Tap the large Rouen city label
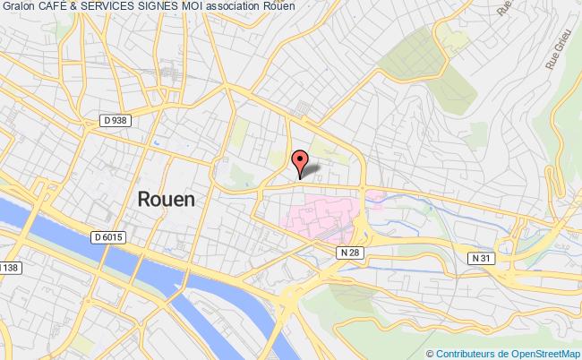[165, 200]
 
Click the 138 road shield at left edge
[9, 269]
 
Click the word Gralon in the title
[19, 7]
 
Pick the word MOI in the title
[192, 7]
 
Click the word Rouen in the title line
[281, 7]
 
